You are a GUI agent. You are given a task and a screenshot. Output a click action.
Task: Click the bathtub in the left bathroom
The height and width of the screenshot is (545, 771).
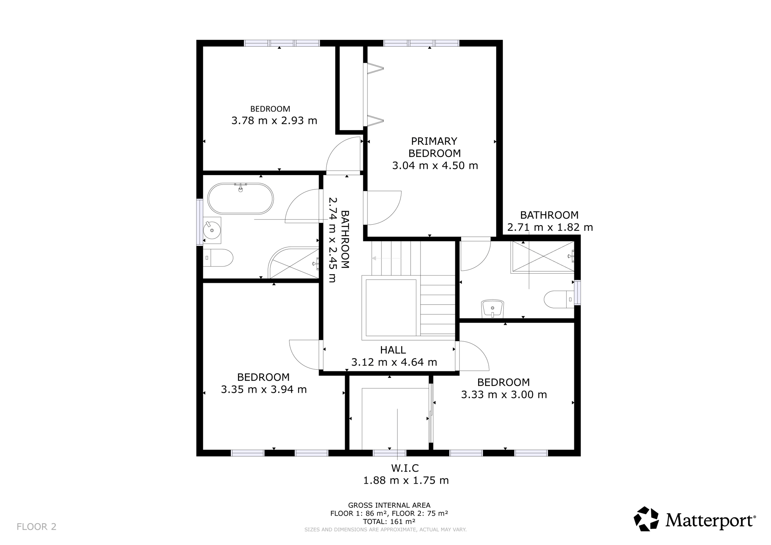point(241,198)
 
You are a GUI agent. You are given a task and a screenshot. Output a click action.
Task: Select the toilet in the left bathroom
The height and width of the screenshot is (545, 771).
point(218,258)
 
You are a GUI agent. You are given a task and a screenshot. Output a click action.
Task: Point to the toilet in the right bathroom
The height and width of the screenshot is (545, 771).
point(559,299)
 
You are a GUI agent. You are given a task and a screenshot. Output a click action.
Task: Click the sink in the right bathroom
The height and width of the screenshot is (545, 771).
point(492,309)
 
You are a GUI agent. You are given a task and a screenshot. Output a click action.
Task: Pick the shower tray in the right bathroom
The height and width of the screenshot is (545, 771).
point(542,257)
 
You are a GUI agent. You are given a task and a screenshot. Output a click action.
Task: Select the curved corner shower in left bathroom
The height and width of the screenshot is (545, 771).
point(294,263)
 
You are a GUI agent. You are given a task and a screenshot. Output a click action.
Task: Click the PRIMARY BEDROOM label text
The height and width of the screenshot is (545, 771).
point(435,147)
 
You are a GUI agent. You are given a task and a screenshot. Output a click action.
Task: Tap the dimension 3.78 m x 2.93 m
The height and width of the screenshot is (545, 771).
point(274,121)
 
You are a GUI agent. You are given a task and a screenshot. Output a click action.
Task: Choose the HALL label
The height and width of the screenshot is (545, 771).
point(393,350)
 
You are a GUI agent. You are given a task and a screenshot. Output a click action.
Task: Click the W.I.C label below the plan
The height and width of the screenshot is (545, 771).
point(405,468)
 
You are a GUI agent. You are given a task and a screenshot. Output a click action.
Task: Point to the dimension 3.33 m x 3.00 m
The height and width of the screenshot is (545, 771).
point(504,394)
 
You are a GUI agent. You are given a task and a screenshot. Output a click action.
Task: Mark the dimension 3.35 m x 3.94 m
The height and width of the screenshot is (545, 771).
point(264,389)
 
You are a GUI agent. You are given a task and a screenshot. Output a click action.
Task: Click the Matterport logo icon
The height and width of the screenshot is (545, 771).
point(646,519)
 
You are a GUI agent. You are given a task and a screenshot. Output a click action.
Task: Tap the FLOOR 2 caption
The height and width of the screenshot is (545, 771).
point(37,527)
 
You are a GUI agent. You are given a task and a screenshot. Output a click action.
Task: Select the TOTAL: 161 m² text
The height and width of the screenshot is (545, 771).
point(389,522)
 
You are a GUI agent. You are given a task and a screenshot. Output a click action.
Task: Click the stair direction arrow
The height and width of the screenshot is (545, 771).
point(386,258)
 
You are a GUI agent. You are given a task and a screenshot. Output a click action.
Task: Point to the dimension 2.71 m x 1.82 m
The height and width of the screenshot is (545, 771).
point(550,227)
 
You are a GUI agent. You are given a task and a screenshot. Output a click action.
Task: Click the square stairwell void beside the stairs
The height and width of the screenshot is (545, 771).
point(391,308)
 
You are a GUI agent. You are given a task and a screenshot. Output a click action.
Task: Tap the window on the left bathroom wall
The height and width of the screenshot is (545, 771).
point(200,222)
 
